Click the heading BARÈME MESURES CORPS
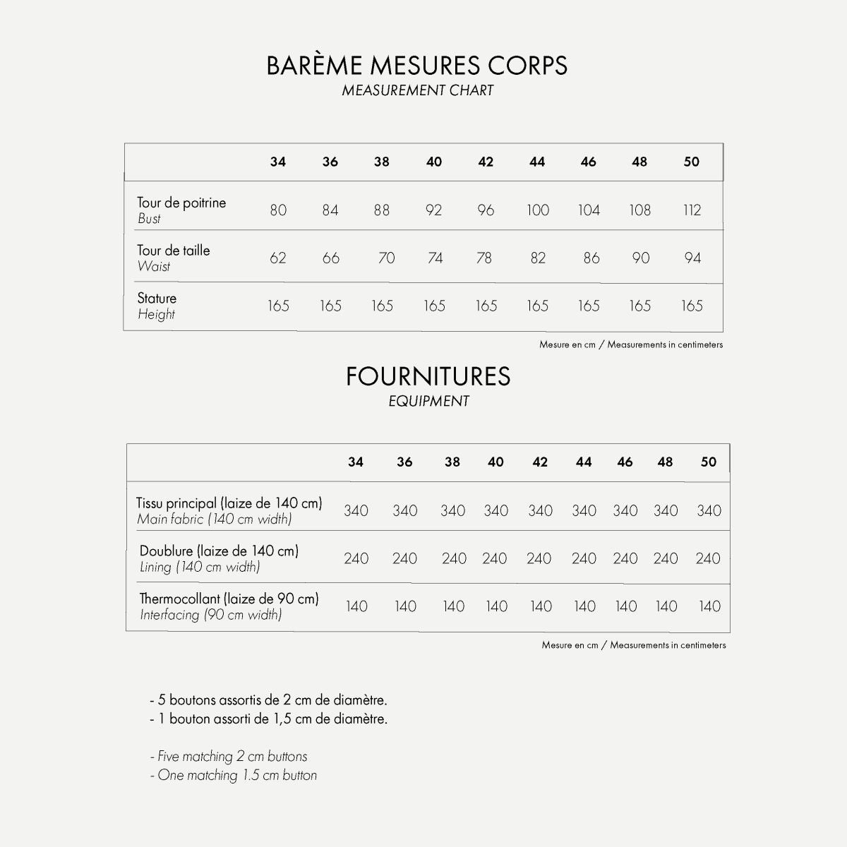(416, 66)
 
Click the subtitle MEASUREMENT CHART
(417, 90)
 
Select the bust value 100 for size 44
(537, 210)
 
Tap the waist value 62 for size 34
(278, 258)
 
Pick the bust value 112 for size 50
(692, 210)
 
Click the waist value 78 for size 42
(484, 258)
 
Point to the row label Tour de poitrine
(181, 203)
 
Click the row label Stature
(157, 298)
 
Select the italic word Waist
(154, 267)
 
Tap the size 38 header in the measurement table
(382, 162)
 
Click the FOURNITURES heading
(428, 377)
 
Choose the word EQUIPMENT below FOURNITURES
(428, 402)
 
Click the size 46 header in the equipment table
(625, 462)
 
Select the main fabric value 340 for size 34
(356, 511)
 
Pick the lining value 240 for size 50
(708, 559)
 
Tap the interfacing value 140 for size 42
(541, 606)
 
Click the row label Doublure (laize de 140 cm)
(219, 551)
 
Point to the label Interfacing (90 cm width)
(210, 615)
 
